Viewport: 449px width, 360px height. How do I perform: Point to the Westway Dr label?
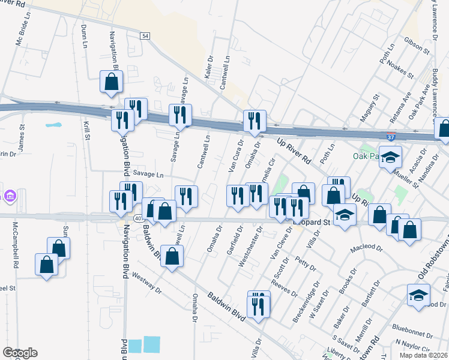tap(147, 283)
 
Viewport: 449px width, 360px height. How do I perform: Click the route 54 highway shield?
tap(145, 37)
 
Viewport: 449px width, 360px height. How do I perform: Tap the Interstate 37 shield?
tap(391, 137)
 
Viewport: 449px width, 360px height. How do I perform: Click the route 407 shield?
tap(138, 218)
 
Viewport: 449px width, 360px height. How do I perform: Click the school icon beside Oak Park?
tap(390, 158)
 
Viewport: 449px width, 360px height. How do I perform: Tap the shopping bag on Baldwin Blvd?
tap(172, 257)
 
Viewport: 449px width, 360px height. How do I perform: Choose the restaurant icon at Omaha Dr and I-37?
tap(254, 121)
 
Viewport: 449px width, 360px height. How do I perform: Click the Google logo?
tap(20, 353)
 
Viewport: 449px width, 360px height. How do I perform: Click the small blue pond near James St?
tap(54, 125)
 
